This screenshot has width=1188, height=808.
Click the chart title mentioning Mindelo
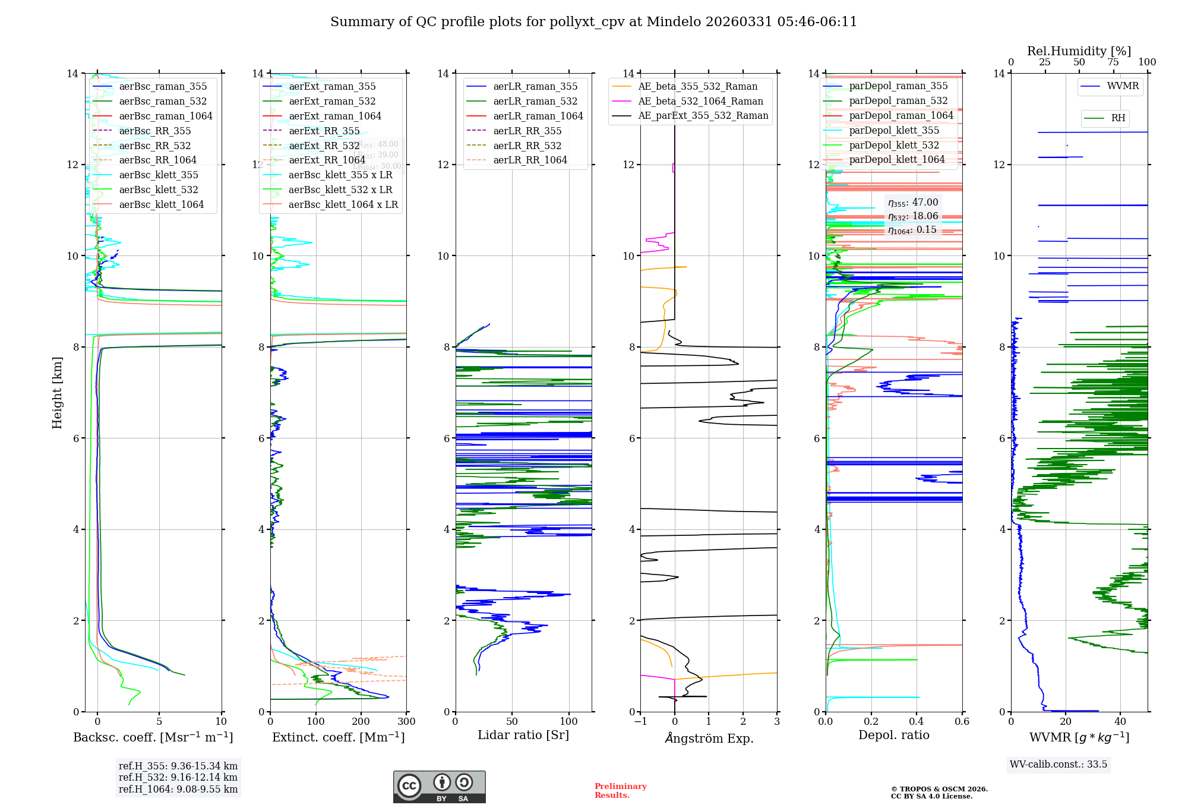(x=593, y=22)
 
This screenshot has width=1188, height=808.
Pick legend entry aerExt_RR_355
(x=324, y=131)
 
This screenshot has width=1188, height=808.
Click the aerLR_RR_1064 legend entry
(x=530, y=160)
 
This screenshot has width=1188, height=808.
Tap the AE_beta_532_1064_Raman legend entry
(x=700, y=101)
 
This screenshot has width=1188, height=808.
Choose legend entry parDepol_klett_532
(x=894, y=145)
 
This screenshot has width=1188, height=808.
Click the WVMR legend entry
(x=1122, y=86)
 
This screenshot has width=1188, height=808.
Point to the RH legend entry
(x=1117, y=118)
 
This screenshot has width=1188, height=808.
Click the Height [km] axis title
(x=57, y=392)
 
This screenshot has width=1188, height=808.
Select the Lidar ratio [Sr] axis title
(x=523, y=735)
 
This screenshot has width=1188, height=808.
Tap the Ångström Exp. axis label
(x=709, y=738)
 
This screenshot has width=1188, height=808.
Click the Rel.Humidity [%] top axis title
(x=1079, y=51)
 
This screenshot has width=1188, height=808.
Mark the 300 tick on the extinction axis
(x=407, y=721)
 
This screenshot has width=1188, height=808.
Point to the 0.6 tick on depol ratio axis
(x=962, y=721)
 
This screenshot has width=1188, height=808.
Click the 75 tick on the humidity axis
(x=1113, y=62)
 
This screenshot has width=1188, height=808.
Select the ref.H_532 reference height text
(x=178, y=777)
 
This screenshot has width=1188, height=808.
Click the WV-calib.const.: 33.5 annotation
(x=1059, y=764)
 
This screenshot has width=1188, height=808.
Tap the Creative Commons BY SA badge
(x=439, y=787)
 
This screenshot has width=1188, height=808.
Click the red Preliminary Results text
(x=620, y=790)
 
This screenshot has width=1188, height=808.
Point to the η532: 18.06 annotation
(x=913, y=216)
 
